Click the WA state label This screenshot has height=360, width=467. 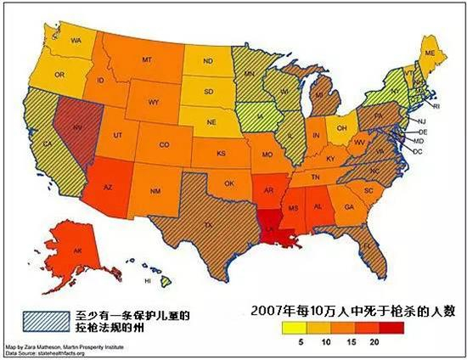pyautogui.click(x=76, y=41)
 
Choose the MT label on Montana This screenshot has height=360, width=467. pyautogui.click(x=147, y=60)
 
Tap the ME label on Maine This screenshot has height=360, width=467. pyautogui.click(x=430, y=53)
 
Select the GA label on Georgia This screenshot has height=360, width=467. pyautogui.click(x=348, y=206)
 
